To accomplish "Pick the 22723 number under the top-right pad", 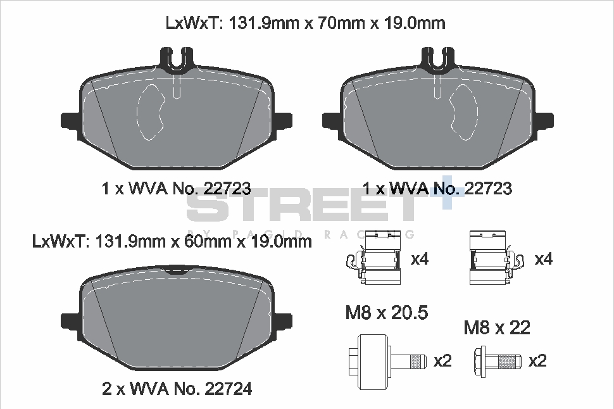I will click(488, 189).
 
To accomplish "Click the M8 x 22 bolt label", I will click(497, 327).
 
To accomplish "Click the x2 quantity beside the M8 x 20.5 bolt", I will click(442, 361).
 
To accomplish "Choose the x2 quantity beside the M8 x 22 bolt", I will click(537, 361).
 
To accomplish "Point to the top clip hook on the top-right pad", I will click(439, 59).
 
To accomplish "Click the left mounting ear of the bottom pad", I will click(70, 319).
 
